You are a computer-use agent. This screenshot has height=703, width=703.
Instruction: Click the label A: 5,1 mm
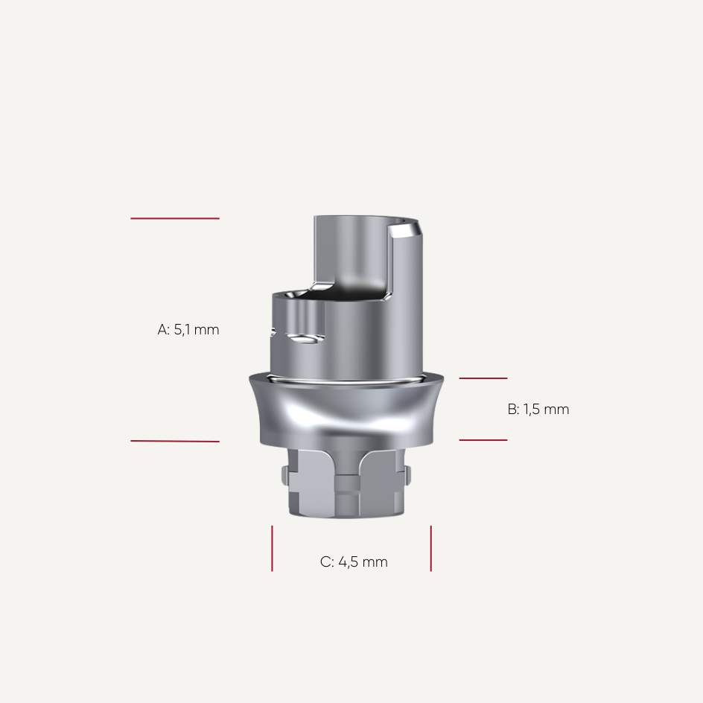[188, 329]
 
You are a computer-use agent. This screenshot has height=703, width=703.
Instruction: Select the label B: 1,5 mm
[538, 410]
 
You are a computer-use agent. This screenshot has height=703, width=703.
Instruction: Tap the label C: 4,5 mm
[354, 562]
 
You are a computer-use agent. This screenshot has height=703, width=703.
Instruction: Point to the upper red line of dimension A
[175, 218]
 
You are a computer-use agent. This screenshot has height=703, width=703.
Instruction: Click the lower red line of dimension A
[175, 441]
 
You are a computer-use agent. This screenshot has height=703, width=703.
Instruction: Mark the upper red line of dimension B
[483, 378]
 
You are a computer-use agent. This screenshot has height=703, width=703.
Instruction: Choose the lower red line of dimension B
[483, 440]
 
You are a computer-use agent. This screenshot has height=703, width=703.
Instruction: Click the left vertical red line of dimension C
[272, 548]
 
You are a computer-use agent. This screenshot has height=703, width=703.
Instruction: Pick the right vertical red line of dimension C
[430, 548]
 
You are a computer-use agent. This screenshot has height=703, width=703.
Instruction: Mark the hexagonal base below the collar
[346, 484]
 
